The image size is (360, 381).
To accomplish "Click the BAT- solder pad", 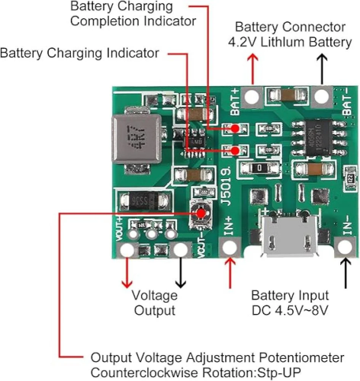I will click(x=321, y=96).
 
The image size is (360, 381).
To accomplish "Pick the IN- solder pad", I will click(x=345, y=247).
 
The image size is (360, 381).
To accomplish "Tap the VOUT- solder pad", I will click(x=182, y=249).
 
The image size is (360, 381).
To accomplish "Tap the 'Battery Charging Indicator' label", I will click(x=80, y=53).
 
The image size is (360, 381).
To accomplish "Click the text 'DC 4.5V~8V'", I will click(x=290, y=310).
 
